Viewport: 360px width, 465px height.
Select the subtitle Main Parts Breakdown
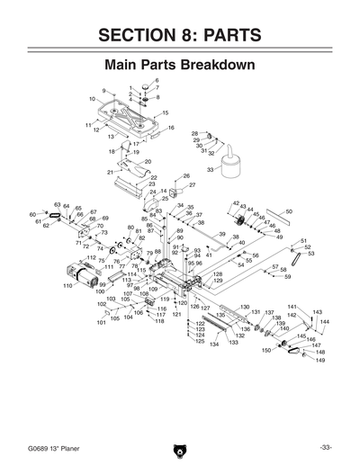(180, 66)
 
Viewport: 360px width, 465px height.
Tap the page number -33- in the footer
(325, 447)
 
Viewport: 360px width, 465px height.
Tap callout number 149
(319, 360)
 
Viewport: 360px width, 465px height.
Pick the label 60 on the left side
(32, 214)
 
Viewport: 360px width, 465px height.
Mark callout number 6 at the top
(156, 81)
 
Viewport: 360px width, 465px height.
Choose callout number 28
(194, 133)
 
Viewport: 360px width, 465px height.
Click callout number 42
(236, 204)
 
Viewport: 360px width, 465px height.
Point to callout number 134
(214, 344)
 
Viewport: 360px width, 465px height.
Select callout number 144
(324, 321)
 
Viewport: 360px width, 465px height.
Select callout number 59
(287, 277)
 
